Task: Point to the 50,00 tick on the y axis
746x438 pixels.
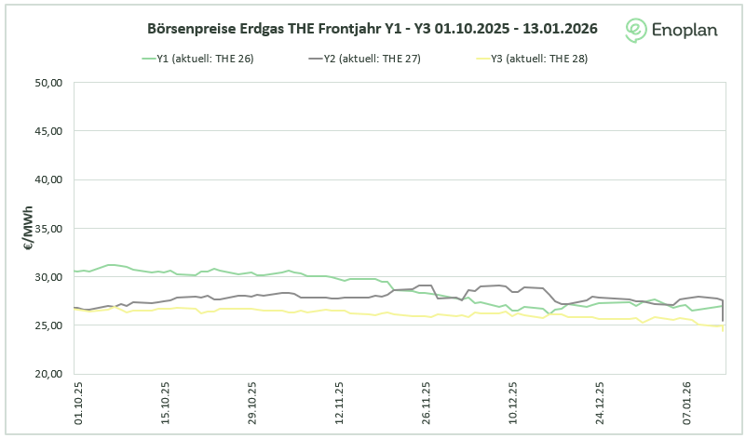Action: (47, 83)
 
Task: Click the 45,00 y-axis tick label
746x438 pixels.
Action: (47, 131)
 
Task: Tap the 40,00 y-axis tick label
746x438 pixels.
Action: (47, 179)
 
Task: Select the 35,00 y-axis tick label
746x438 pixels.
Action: (47, 228)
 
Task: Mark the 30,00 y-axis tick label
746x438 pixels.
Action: (47, 277)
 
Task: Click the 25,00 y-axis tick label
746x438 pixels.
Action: (47, 325)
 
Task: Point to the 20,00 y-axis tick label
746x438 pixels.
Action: (47, 374)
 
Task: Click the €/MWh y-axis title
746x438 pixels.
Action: (28, 229)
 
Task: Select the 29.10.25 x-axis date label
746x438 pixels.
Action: (252, 401)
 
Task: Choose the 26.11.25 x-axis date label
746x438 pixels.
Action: (426, 401)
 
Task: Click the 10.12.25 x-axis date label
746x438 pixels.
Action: (513, 401)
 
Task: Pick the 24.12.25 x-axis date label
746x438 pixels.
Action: (600, 401)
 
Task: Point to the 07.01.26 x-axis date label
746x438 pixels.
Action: (687, 401)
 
